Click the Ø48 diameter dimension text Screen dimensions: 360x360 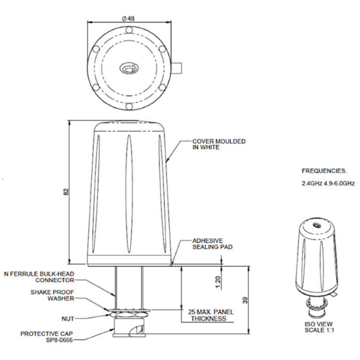[x=128, y=19]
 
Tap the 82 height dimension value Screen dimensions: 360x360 [x=66, y=192]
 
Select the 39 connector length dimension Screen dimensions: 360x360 [x=245, y=301]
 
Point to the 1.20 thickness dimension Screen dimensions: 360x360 [x=218, y=282]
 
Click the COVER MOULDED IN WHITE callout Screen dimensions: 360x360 [x=219, y=144]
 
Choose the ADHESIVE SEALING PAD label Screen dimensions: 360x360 [x=212, y=244]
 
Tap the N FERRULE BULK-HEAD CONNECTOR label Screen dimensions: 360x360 [x=39, y=277]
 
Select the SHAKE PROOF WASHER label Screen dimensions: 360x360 [x=52, y=295]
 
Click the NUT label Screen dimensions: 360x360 [x=68, y=319]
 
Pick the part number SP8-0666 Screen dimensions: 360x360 [x=59, y=340]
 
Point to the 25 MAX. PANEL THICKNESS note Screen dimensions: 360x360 [x=211, y=315]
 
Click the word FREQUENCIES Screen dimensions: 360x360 [x=324, y=171]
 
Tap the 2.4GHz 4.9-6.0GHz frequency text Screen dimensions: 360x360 [x=328, y=184]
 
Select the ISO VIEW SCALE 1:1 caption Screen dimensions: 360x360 [x=319, y=327]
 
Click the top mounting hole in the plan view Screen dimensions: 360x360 [x=129, y=30]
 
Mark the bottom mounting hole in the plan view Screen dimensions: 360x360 [x=129, y=107]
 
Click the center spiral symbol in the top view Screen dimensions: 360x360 [x=128, y=68]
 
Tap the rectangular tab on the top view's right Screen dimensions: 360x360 [x=176, y=68]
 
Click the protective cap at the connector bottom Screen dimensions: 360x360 [x=129, y=328]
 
